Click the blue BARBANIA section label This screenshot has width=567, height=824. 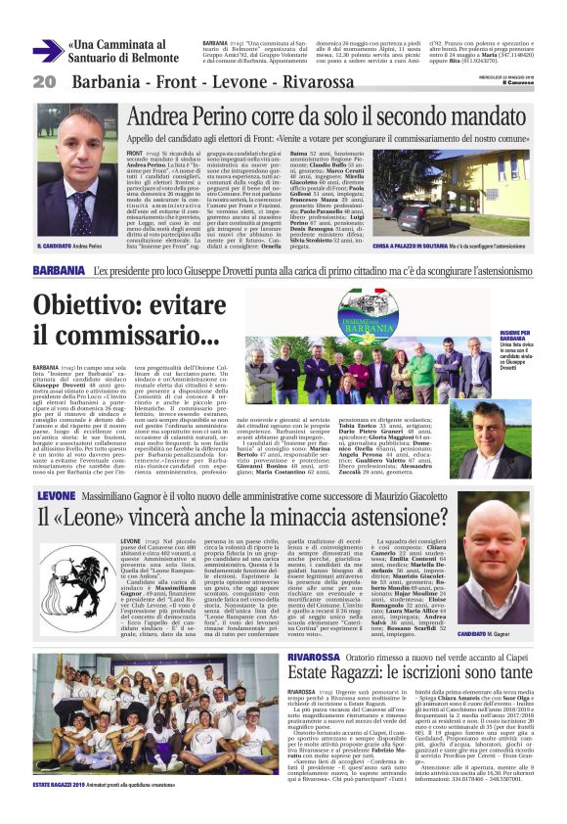click(x=58, y=270)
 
